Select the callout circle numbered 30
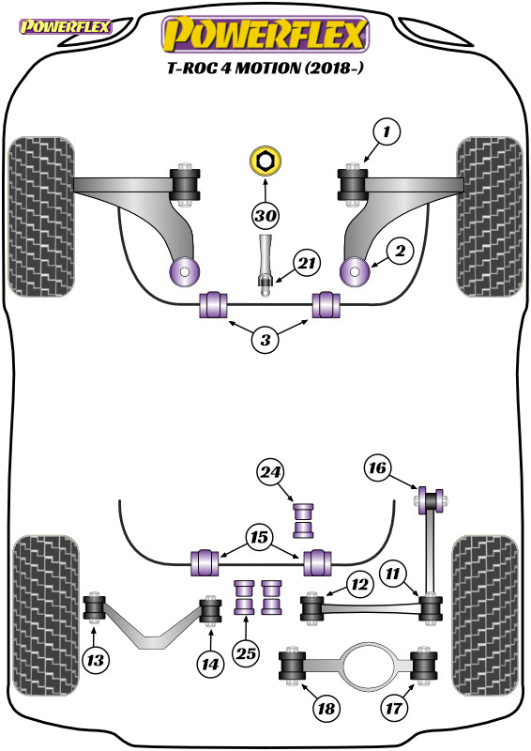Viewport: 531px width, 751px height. (x=265, y=216)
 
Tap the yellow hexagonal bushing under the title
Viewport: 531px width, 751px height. (x=265, y=161)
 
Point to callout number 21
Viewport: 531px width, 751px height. (x=307, y=263)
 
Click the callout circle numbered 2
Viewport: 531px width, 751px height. (x=400, y=251)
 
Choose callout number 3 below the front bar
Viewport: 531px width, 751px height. (x=265, y=340)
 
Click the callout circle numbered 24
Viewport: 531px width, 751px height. (x=270, y=472)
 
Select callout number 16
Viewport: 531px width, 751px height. (x=377, y=467)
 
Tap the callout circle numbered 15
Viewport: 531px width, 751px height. (x=260, y=537)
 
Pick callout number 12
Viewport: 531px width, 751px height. (x=359, y=584)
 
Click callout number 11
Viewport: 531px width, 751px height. (x=394, y=574)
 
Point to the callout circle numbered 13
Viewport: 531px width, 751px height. (x=96, y=661)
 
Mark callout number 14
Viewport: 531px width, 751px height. (x=210, y=664)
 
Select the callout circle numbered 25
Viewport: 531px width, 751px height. (x=246, y=652)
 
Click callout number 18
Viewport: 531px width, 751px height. (x=326, y=708)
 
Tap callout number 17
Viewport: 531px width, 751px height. (x=395, y=708)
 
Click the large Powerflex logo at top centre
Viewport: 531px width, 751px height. (x=265, y=34)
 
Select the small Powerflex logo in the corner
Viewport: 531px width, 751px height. (x=65, y=26)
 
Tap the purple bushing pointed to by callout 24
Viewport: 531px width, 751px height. (x=303, y=520)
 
